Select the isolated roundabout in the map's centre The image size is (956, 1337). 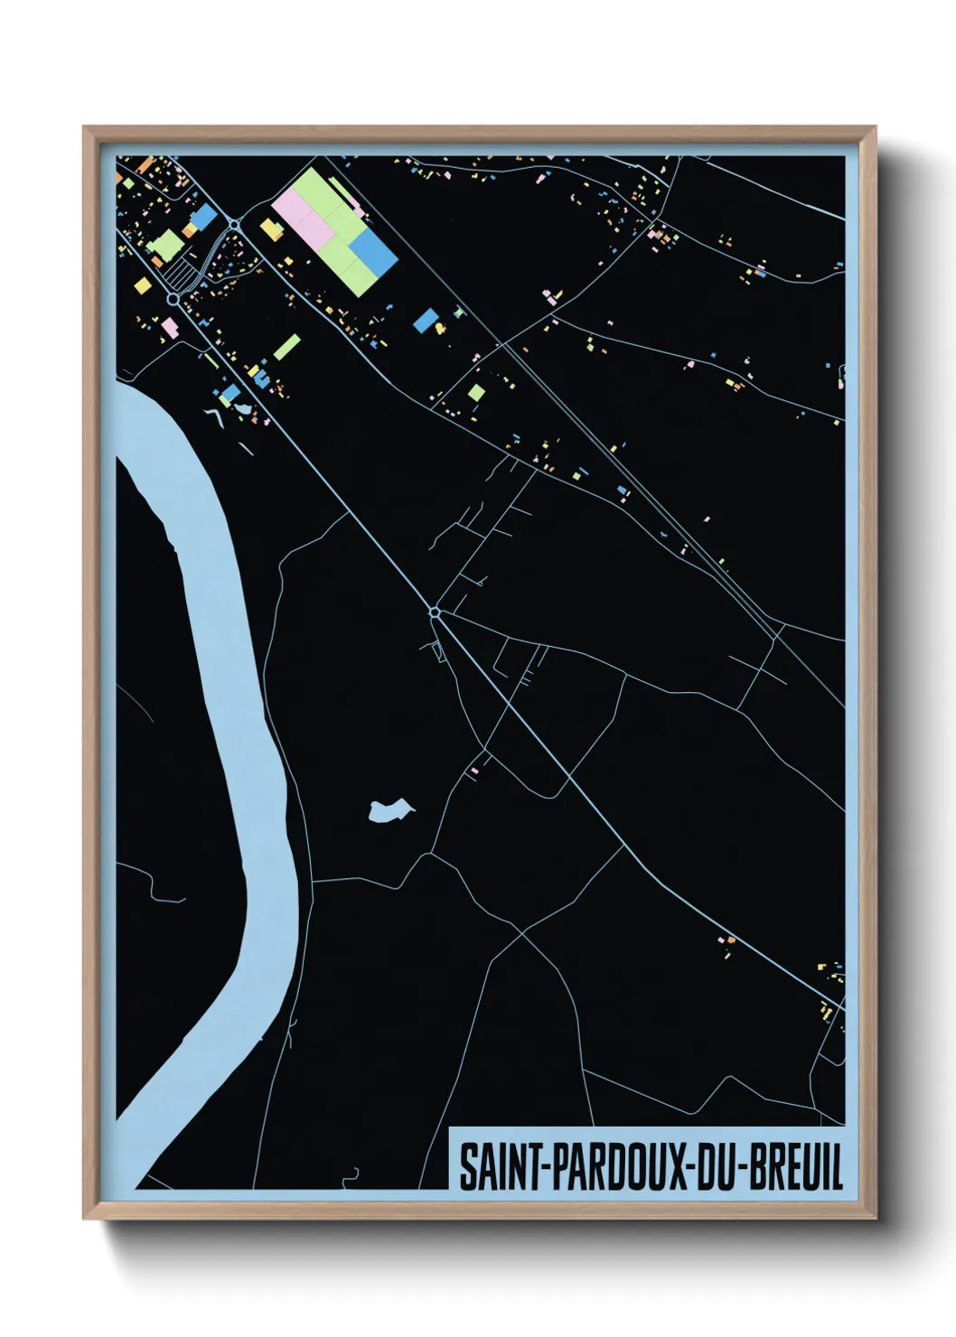point(435,612)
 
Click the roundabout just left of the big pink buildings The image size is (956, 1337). point(234,224)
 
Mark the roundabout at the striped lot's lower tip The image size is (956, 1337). point(173,298)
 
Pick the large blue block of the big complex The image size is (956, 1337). point(374,250)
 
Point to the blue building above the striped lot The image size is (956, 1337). point(204,215)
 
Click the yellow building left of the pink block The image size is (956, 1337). point(271,229)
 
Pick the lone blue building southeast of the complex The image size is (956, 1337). point(425,320)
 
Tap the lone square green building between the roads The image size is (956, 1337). point(476,392)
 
